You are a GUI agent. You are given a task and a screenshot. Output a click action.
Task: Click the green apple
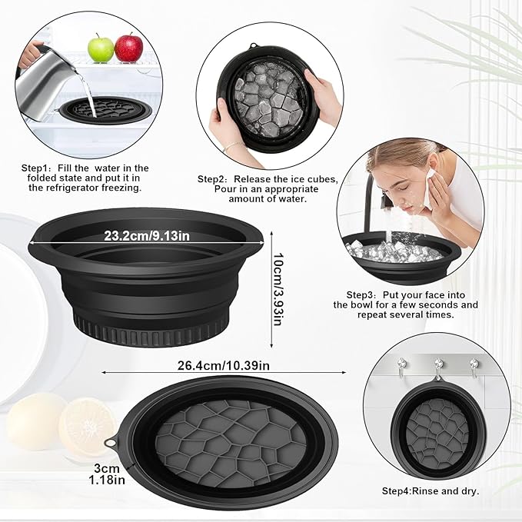point(100,48)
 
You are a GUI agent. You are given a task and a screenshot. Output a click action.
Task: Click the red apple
point(128,48)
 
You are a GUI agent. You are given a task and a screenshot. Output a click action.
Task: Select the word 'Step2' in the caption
point(213,178)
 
